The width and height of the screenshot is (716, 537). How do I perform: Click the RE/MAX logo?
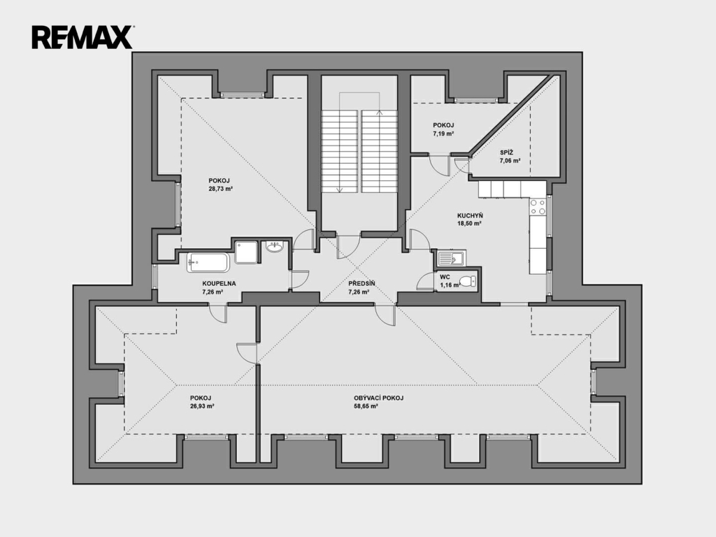pyautogui.click(x=83, y=38)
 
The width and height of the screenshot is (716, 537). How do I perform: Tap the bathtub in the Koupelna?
pyautogui.click(x=208, y=262)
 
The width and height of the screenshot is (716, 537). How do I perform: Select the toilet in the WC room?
pyautogui.click(x=467, y=281)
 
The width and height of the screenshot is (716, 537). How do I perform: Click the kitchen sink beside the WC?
pyautogui.click(x=451, y=259)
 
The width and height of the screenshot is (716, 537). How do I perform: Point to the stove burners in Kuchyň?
pyautogui.click(x=538, y=207)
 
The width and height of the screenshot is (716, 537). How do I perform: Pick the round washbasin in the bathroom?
pyautogui.click(x=274, y=247)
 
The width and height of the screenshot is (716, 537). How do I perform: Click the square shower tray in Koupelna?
pyautogui.click(x=246, y=252)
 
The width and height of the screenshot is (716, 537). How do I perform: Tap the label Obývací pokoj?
pyautogui.click(x=378, y=398)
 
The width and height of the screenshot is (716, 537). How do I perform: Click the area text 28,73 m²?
pyautogui.click(x=221, y=189)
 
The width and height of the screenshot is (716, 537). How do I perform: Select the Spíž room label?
pyautogui.click(x=506, y=152)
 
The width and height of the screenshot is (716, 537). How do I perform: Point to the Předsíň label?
pyautogui.click(x=361, y=284)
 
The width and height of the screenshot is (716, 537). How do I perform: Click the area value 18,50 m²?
pyautogui.click(x=470, y=224)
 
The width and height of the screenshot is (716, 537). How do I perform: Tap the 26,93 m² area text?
pyautogui.click(x=202, y=406)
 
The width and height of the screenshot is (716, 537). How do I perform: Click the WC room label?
pyautogui.click(x=445, y=277)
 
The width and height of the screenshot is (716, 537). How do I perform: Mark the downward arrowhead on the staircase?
pyautogui.click(x=340, y=190)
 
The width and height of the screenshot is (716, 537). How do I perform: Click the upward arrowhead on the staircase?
pyautogui.click(x=379, y=111)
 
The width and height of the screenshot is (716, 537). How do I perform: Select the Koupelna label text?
pyautogui.click(x=219, y=284)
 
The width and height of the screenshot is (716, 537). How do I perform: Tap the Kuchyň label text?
pyautogui.click(x=470, y=215)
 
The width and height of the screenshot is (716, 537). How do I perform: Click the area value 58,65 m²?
pyautogui.click(x=366, y=406)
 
